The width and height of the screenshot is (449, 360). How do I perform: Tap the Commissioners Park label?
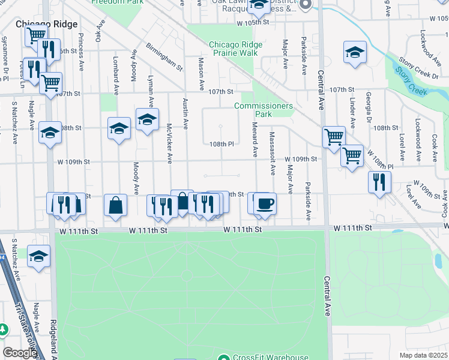tap(264, 110)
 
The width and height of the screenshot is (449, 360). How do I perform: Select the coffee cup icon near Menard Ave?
tap(265, 203)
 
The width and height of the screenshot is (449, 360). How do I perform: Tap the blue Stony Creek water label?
tap(409, 82)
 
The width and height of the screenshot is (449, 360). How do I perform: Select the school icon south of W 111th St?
tap(39, 257)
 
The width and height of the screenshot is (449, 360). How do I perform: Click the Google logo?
tap(19, 353)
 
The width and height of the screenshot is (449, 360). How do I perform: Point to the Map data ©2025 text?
tap(423, 355)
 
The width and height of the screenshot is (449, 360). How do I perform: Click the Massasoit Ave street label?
tap(272, 153)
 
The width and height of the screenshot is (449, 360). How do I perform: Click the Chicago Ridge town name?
tap(47, 23)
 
